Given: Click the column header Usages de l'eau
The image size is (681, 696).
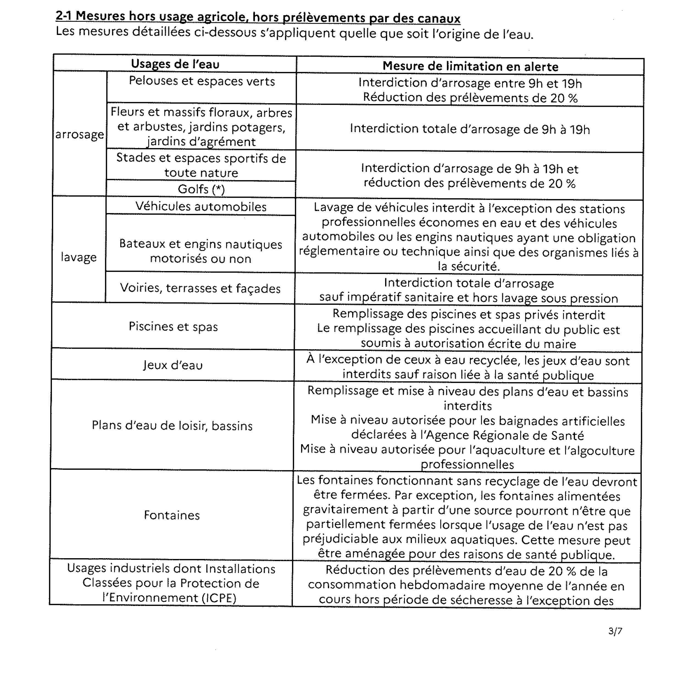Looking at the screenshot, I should pyautogui.click(x=175, y=64).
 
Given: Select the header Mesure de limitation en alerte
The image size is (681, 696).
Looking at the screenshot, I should pyautogui.click(x=470, y=66).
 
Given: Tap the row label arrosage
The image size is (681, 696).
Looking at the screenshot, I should pyautogui.click(x=79, y=135).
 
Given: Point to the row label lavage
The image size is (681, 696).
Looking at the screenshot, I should pyautogui.click(x=79, y=257).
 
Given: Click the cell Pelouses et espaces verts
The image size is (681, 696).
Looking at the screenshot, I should pyautogui.click(x=202, y=81).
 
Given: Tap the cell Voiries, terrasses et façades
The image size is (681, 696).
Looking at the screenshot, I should pyautogui.click(x=200, y=288).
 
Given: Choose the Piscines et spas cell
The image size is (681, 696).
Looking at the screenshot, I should pyautogui.click(x=173, y=326).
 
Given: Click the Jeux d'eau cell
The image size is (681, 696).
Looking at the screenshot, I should pyautogui.click(x=173, y=365).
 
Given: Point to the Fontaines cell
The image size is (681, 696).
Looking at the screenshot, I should pyautogui.click(x=172, y=515).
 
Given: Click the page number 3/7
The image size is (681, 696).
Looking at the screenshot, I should pyautogui.click(x=615, y=631).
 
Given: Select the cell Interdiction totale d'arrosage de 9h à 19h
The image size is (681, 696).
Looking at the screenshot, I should pyautogui.click(x=470, y=129).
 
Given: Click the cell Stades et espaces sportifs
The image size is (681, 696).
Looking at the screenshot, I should pyautogui.click(x=201, y=165).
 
